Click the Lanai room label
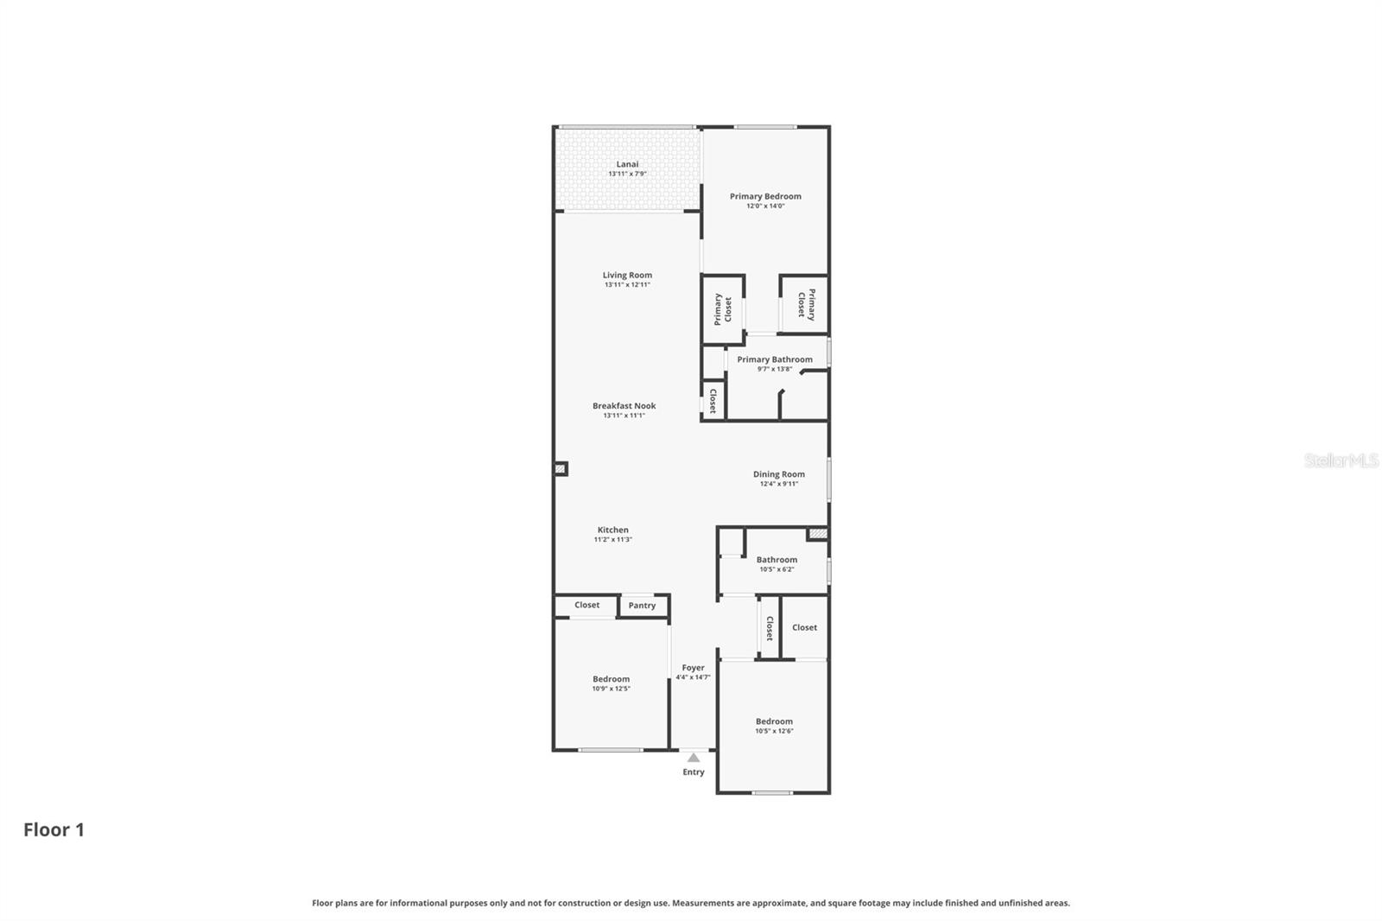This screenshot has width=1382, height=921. pyautogui.click(x=627, y=164)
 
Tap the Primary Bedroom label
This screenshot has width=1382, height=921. pyautogui.click(x=765, y=196)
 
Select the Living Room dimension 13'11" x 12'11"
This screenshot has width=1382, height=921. pyautogui.click(x=627, y=285)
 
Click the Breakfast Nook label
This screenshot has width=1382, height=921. pyautogui.click(x=624, y=405)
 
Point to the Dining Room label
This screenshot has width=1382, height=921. pyautogui.click(x=778, y=473)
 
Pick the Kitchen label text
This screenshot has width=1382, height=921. pyautogui.click(x=612, y=530)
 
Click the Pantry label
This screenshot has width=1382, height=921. pyautogui.click(x=642, y=606)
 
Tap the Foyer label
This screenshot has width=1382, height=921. pyautogui.click(x=693, y=668)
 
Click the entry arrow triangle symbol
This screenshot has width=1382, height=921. pyautogui.click(x=694, y=758)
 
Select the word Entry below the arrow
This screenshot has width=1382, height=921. pyautogui.click(x=694, y=772)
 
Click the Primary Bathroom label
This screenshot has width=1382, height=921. pyautogui.click(x=774, y=359)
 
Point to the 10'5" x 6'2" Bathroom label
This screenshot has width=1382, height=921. pyautogui.click(x=777, y=563)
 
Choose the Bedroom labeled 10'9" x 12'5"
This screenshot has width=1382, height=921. pyautogui.click(x=611, y=683)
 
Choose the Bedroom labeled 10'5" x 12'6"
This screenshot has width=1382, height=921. pyautogui.click(x=774, y=725)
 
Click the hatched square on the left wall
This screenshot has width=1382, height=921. pyautogui.click(x=560, y=468)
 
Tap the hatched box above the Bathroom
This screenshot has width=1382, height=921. pyautogui.click(x=817, y=534)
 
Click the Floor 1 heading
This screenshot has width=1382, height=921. pyautogui.click(x=54, y=829)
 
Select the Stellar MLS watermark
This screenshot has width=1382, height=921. pyautogui.click(x=1341, y=460)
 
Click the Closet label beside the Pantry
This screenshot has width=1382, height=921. pyautogui.click(x=586, y=605)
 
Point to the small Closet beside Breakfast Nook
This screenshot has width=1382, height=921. pyautogui.click(x=713, y=401)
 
